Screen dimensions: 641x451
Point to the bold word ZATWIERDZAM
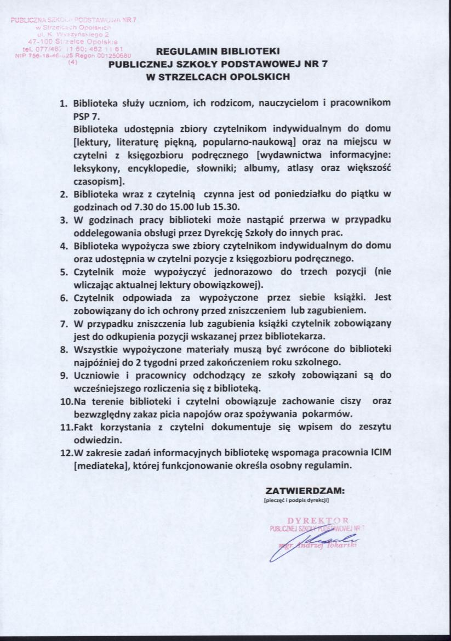tap(305, 489)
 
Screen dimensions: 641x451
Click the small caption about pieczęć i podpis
tap(295, 500)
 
